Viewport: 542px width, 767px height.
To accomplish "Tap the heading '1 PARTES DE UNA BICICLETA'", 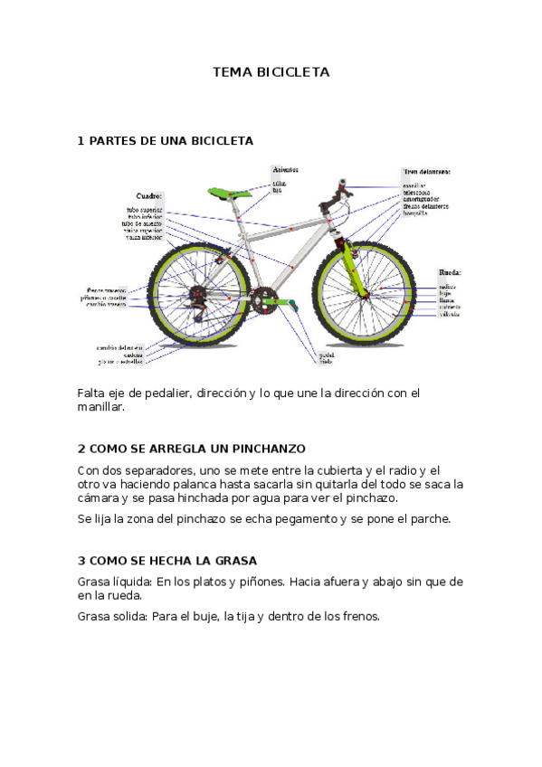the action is pyautogui.click(x=166, y=141).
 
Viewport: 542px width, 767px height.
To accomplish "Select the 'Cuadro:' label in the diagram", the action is pyautogui.click(x=149, y=195).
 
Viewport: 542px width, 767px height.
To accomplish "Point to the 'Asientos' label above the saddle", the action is pyautogui.click(x=286, y=169).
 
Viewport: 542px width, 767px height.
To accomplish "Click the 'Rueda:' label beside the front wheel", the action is pyautogui.click(x=450, y=271).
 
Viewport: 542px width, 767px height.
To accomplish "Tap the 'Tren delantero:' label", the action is pyautogui.click(x=426, y=170).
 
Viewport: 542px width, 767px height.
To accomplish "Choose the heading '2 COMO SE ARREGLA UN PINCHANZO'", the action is pyautogui.click(x=192, y=449).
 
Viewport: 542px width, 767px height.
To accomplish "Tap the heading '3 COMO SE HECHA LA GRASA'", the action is pyautogui.click(x=167, y=561).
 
